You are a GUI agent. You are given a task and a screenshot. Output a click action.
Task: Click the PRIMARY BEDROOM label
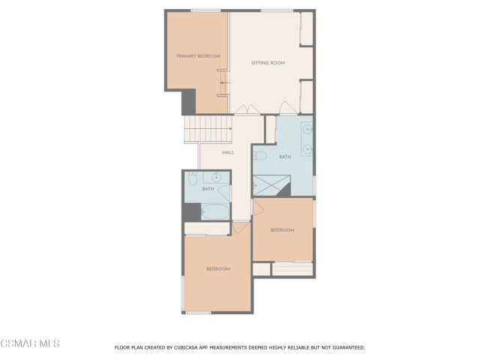coord(198,56)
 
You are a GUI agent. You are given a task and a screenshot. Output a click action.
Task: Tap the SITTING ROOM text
coord(268,63)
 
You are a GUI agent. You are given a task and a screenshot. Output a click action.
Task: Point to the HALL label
coord(228,152)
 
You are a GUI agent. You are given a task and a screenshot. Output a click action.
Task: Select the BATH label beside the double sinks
coord(285,157)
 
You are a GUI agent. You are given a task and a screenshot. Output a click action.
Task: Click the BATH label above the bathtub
coord(208,189)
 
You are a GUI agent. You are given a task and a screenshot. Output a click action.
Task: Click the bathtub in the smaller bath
coord(215,211)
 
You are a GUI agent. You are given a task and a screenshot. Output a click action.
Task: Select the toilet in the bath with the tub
coord(193,178)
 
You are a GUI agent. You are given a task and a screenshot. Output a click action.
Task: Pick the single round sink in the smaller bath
coord(217,177)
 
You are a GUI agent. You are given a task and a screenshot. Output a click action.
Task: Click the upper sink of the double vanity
coord(307,130)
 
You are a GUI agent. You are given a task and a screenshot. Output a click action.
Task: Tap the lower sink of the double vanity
coord(307,149)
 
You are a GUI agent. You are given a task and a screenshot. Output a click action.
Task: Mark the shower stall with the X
coord(271,185)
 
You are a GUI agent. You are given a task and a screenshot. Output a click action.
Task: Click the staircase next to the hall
coord(208,129)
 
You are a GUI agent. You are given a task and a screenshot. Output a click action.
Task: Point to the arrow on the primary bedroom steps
coord(225,82)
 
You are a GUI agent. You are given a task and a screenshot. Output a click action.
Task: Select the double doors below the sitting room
coord(247,109)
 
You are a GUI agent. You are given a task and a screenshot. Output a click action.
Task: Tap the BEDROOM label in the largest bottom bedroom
coord(218,268)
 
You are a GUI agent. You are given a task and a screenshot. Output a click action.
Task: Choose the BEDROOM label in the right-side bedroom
coord(282,230)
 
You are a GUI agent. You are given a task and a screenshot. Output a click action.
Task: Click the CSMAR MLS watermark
coord(30,343)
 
